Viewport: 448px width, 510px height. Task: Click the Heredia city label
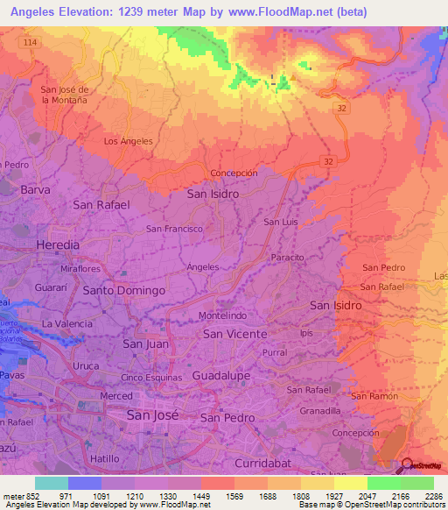57,244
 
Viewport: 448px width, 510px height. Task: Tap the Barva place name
35,189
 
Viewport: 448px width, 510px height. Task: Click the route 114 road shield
32,42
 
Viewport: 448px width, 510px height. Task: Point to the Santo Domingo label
124,290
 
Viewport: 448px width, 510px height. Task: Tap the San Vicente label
234,334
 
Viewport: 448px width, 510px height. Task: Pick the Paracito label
287,258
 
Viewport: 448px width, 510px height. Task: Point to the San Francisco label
174,229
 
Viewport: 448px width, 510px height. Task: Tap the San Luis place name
280,223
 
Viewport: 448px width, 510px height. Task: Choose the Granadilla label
320,410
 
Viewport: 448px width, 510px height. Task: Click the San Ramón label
374,396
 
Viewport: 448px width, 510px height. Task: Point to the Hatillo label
104,458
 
